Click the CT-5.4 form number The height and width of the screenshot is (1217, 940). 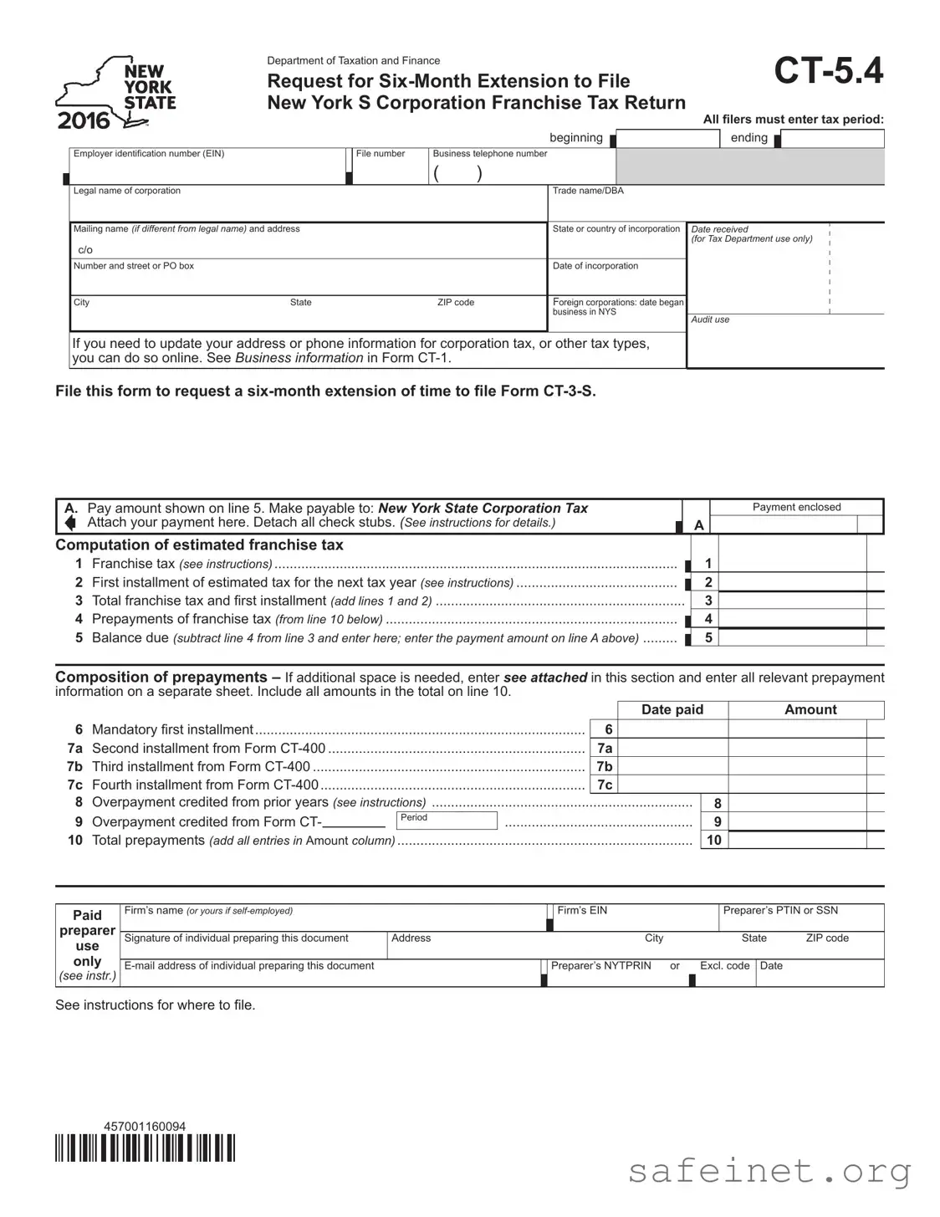pos(828,71)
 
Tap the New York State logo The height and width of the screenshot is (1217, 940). pos(116,95)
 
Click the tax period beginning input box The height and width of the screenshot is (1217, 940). pos(667,139)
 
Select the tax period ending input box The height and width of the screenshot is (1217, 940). pos(832,139)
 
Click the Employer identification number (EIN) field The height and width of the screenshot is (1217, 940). pos(207,171)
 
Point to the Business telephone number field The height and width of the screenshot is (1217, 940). pos(523,173)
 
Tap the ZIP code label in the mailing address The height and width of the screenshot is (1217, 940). pos(456,303)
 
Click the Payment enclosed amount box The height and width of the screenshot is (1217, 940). pos(784,525)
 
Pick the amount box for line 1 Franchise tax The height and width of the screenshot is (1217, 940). pos(792,564)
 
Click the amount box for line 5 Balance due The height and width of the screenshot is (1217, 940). pos(792,637)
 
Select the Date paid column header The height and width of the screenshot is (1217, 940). pos(672,710)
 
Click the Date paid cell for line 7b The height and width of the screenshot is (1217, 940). pos(672,766)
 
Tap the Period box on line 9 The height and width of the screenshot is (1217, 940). pos(447,821)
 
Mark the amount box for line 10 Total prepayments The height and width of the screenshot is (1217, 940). pos(798,841)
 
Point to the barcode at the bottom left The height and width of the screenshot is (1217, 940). pos(145,1148)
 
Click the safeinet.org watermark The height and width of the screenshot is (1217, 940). pos(769,1171)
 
